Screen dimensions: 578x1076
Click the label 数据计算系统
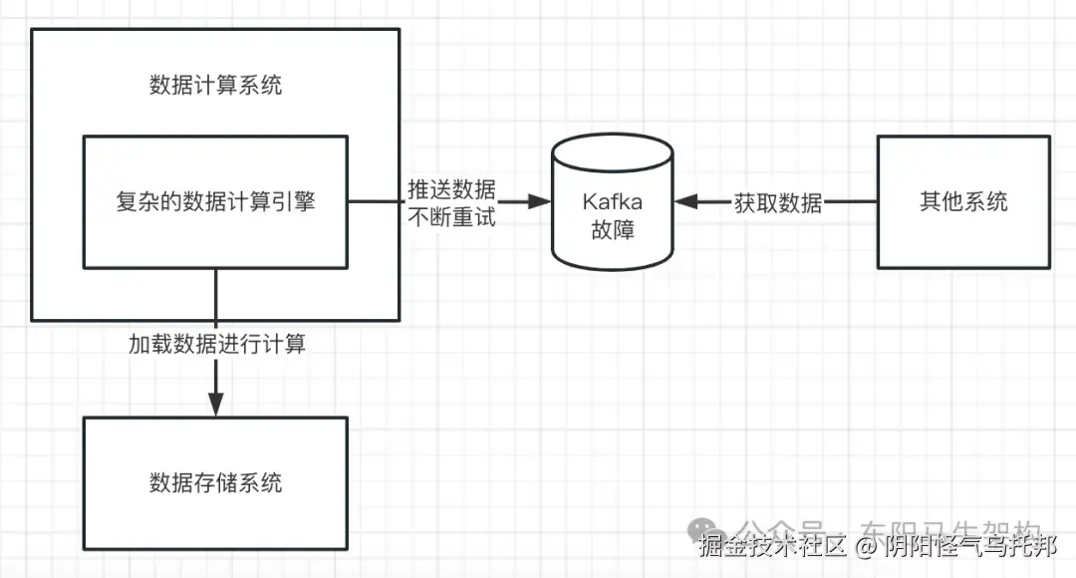(215, 85)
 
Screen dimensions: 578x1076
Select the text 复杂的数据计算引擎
(215, 202)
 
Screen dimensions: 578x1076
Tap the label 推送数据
(451, 189)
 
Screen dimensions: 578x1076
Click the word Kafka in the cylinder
(612, 202)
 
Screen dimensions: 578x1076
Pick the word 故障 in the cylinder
(612, 230)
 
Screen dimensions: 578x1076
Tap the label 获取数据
(778, 203)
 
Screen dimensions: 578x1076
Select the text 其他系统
(962, 202)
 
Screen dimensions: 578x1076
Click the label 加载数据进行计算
(216, 345)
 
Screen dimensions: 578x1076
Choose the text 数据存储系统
(215, 483)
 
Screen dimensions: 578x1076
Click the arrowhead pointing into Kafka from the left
(540, 202)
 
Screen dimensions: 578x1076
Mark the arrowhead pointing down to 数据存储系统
(216, 405)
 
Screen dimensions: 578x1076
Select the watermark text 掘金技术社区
(773, 546)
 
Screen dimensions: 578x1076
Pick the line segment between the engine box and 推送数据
(377, 202)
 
